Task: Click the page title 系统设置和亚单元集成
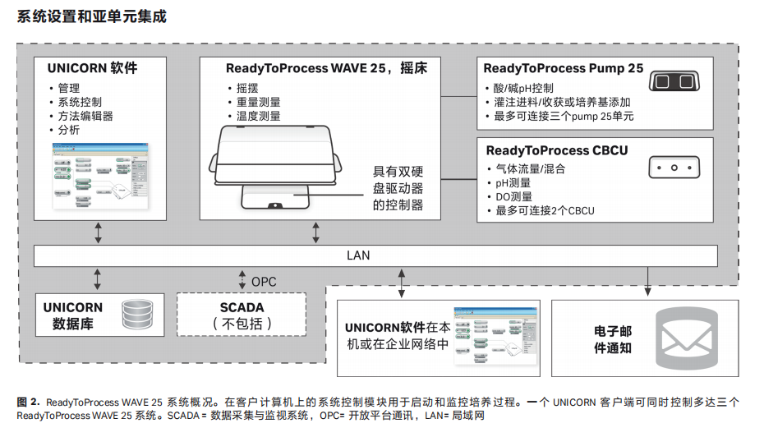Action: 91,16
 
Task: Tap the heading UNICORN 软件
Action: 92,68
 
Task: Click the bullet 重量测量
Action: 259,102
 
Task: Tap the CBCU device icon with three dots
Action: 674,168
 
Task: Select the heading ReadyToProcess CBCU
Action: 556,150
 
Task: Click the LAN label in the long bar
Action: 358,255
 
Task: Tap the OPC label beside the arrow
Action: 264,282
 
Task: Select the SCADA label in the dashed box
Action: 242,307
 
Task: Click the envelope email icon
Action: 686,336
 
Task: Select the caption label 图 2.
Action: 29,402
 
